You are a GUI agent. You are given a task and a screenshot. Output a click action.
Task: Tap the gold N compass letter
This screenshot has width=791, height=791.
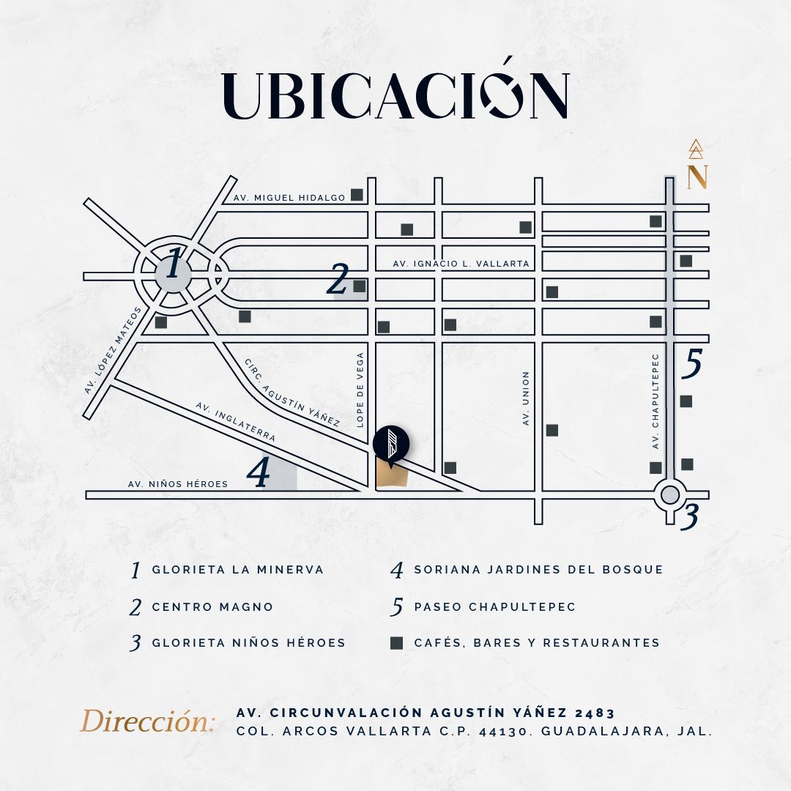(697, 177)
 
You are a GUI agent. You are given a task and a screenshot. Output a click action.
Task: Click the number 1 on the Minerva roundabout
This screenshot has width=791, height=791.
(173, 263)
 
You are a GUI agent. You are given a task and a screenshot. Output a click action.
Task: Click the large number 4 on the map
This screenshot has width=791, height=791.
(259, 472)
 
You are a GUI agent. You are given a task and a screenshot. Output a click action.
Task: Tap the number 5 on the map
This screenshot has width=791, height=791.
(691, 363)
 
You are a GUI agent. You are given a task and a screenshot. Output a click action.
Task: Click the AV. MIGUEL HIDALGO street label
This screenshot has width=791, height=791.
(289, 198)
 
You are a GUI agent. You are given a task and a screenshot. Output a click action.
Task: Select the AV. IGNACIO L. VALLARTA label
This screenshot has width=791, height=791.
(461, 264)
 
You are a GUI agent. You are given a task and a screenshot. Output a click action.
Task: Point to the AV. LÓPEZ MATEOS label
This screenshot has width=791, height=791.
(113, 349)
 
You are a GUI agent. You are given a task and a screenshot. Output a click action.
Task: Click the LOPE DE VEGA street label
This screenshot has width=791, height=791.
(360, 390)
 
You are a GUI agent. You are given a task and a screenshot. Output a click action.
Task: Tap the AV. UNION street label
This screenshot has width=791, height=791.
(526, 398)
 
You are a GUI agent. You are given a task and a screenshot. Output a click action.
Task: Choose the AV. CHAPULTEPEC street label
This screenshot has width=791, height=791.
(656, 401)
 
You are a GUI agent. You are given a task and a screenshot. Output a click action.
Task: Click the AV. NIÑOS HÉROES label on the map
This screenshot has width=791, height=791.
(177, 484)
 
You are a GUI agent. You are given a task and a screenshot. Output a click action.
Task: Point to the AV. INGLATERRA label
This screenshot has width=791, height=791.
(236, 422)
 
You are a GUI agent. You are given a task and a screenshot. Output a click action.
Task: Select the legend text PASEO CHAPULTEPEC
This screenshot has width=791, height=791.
(495, 606)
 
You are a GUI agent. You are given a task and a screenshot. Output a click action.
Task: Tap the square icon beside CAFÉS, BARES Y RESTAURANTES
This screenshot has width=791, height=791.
(396, 643)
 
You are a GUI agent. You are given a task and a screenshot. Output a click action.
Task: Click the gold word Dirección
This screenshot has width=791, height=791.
(147, 721)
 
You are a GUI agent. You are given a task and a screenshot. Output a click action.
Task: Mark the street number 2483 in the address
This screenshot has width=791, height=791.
(595, 713)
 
